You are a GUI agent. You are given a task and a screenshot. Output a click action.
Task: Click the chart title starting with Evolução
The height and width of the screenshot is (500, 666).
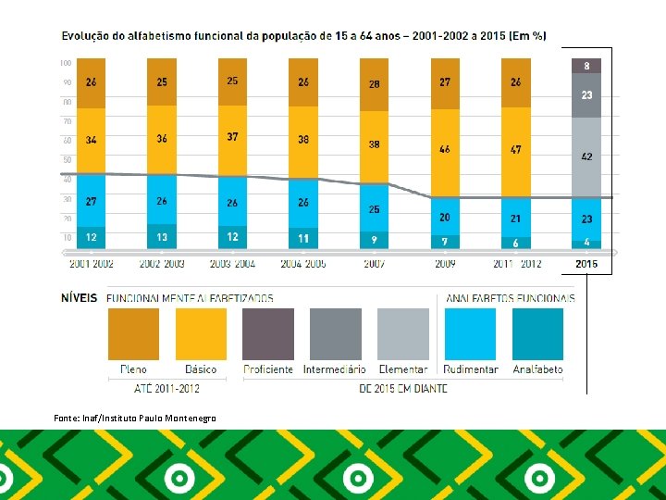[x=303, y=35]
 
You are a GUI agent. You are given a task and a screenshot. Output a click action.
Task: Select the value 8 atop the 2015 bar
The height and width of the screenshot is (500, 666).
[x=586, y=66]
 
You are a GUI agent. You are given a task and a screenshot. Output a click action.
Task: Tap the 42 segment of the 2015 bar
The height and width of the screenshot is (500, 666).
[x=586, y=157]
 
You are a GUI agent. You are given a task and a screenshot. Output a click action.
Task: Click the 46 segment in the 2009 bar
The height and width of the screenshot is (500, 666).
[x=445, y=149]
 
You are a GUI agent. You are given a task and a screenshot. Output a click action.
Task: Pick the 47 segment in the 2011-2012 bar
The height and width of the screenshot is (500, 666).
[x=515, y=149]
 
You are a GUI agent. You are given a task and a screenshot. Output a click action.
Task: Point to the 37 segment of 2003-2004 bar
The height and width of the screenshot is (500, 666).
[x=232, y=137]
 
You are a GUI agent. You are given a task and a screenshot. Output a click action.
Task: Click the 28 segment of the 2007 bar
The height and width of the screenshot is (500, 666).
[x=374, y=84]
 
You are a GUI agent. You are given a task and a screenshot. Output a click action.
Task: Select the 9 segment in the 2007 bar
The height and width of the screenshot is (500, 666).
[x=374, y=240]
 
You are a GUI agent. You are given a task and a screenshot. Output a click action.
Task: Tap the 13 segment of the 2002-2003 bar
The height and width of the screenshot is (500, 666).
[x=162, y=237]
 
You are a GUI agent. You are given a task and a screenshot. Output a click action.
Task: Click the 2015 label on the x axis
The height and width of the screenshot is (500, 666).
[x=586, y=264]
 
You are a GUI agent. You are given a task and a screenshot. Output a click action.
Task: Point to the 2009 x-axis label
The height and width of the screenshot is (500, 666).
[x=445, y=264]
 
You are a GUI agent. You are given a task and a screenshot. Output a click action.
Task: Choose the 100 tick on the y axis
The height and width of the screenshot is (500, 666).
[x=66, y=63]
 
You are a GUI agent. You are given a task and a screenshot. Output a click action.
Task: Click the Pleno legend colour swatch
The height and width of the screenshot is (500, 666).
[x=134, y=334]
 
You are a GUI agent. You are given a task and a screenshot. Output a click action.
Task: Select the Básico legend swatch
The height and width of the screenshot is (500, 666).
[x=201, y=334]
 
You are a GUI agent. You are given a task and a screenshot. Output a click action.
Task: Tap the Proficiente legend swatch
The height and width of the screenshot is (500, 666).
[x=268, y=334]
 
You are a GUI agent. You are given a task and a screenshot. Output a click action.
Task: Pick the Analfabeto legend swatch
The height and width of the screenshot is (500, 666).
[x=537, y=334]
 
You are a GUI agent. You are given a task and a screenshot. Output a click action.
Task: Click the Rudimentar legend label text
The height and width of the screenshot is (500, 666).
[x=471, y=369]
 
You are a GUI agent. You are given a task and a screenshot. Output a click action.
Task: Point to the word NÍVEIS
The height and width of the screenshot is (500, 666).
[x=80, y=298]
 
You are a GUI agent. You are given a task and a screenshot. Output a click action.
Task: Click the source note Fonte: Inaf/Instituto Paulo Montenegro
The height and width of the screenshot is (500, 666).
[x=135, y=419]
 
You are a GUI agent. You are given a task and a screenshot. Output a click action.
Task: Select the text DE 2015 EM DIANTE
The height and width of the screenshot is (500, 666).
[x=402, y=388]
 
